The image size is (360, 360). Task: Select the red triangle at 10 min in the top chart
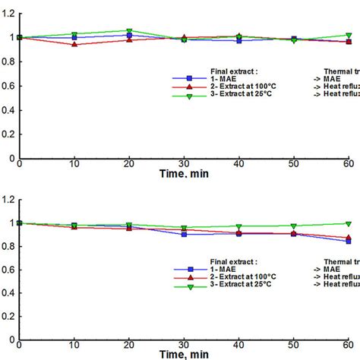pyautogui.click(x=74, y=44)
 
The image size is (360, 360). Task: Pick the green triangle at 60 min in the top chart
pyautogui.click(x=349, y=35)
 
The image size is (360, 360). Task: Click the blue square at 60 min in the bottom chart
pyautogui.click(x=349, y=241)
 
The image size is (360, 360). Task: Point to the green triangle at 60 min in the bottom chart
pyautogui.click(x=349, y=223)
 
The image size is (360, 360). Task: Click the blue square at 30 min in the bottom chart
pyautogui.click(x=184, y=234)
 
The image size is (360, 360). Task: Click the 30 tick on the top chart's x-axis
pyautogui.click(x=184, y=164)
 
